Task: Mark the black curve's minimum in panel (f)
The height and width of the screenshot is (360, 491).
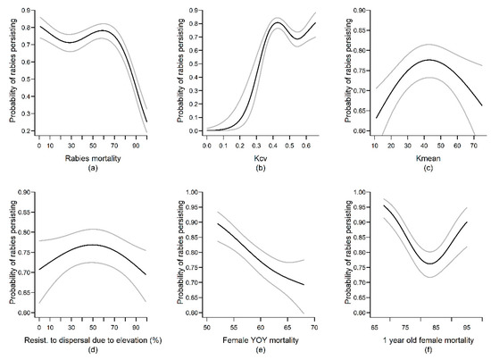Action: pos(431,264)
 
